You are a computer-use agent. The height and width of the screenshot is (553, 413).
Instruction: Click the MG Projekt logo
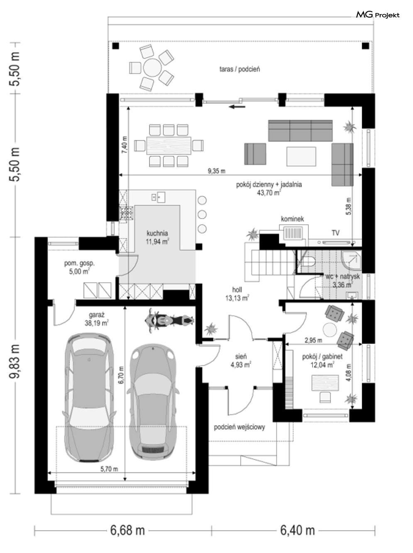[x=377, y=15]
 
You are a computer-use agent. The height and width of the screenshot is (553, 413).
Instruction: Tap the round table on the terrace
[x=152, y=68]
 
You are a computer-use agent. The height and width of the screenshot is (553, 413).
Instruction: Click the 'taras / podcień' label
[x=239, y=69]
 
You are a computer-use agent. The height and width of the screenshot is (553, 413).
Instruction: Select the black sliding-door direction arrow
[x=237, y=107]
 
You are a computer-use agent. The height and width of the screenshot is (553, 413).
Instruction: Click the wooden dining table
[x=169, y=145]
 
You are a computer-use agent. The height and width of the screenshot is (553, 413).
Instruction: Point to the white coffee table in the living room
[x=301, y=156]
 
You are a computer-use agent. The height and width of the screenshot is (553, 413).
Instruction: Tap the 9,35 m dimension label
[x=216, y=171]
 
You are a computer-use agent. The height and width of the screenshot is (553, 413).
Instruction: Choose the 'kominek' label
[x=292, y=219]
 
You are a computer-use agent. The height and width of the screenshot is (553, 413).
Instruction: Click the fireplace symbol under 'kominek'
[x=292, y=233]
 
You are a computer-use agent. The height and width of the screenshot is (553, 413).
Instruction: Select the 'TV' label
[x=335, y=233]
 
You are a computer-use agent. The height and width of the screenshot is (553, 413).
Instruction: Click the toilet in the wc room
[x=308, y=261]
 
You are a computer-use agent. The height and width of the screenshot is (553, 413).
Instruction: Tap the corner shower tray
[x=351, y=261]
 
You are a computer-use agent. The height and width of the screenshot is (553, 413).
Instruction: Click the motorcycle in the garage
[x=169, y=321]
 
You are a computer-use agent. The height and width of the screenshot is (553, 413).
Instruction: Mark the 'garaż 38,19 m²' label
[x=97, y=319]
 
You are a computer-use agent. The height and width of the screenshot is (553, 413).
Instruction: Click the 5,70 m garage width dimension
[x=109, y=469]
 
